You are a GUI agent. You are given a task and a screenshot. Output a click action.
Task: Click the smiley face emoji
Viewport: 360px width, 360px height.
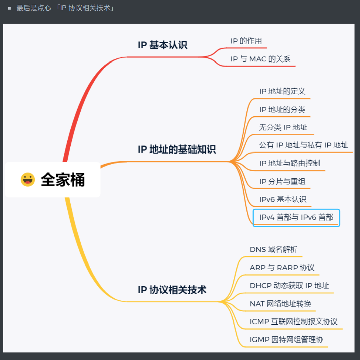(x=28, y=180)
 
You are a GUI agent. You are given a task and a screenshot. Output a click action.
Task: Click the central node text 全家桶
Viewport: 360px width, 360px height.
(x=63, y=180)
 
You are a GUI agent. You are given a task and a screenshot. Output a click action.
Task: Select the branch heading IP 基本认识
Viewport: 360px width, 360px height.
(x=163, y=45)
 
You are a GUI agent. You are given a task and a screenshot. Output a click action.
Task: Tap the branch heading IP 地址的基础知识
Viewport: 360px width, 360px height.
(x=177, y=149)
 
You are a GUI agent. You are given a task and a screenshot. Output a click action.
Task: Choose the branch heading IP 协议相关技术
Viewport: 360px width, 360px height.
(x=172, y=290)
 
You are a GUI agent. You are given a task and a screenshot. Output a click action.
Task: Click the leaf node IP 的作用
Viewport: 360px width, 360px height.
(x=246, y=41)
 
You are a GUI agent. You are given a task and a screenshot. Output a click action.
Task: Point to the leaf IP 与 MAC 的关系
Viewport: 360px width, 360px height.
(x=260, y=59)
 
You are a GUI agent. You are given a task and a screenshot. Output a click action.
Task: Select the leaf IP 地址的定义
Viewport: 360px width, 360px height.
(x=282, y=91)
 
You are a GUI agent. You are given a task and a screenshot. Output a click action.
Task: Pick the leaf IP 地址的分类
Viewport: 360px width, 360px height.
(x=282, y=109)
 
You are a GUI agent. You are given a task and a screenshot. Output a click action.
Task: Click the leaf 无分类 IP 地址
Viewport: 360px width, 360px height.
(x=283, y=127)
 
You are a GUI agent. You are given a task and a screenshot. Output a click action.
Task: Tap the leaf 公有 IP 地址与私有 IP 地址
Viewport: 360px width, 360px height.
(x=303, y=145)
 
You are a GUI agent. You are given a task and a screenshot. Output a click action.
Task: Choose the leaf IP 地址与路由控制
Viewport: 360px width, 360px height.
(x=289, y=163)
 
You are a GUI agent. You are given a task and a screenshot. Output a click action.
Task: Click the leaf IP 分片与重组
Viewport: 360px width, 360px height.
(x=282, y=181)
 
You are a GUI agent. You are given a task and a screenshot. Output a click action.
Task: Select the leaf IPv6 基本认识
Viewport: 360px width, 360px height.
(x=283, y=199)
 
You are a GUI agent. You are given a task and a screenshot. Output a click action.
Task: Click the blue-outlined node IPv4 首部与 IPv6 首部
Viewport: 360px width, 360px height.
(x=296, y=217)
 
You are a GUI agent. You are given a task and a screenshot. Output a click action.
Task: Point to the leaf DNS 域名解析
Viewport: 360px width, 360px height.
(x=274, y=249)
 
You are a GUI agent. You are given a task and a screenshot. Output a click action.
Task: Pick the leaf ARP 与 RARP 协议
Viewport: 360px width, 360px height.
(x=282, y=267)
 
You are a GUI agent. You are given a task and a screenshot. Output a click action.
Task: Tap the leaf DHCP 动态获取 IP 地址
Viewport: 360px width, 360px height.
(x=289, y=286)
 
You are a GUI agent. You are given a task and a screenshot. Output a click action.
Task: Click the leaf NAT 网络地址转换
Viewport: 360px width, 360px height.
(x=280, y=303)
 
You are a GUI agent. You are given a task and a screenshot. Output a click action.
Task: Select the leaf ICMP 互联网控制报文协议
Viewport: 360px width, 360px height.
(x=293, y=322)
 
